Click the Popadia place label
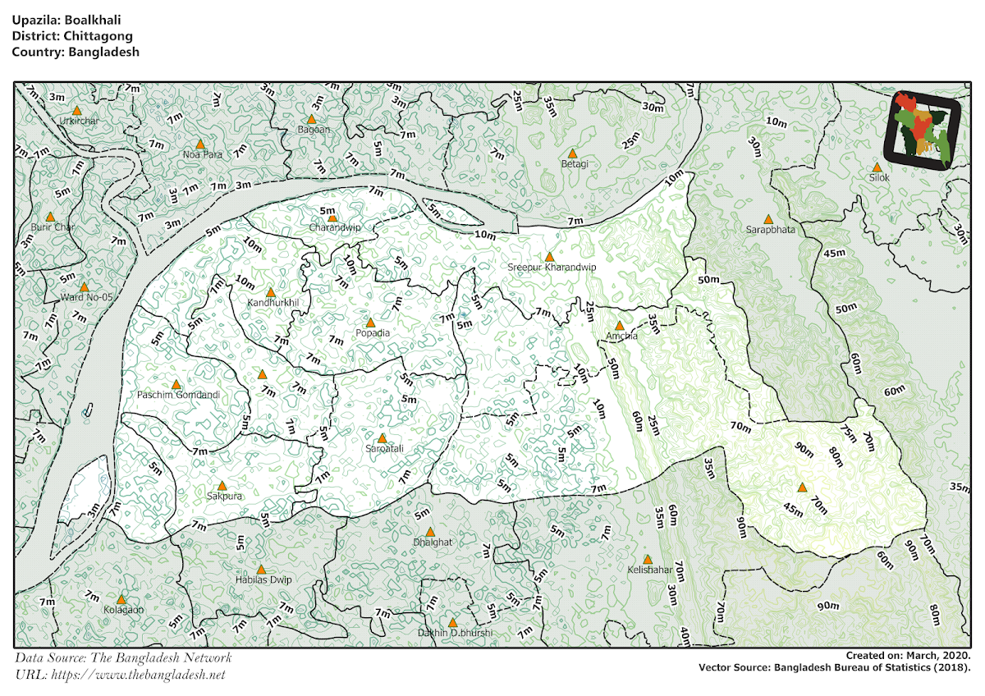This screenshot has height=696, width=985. (372, 333)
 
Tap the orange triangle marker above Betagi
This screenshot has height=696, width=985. (574, 153)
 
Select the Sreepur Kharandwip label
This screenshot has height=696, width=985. (551, 268)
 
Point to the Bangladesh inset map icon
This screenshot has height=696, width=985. (923, 130)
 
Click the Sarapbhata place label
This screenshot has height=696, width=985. (769, 231)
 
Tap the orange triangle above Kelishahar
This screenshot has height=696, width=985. (648, 559)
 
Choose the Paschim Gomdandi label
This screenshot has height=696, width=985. (178, 395)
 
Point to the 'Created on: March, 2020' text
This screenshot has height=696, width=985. (909, 655)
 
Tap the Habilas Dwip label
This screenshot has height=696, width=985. (263, 580)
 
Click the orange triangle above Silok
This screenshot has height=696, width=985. (877, 167)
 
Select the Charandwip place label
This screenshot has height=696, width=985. (334, 227)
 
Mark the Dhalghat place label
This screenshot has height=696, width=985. (433, 543)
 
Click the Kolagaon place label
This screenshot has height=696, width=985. (123, 610)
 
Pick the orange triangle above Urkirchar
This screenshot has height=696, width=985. (76, 110)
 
